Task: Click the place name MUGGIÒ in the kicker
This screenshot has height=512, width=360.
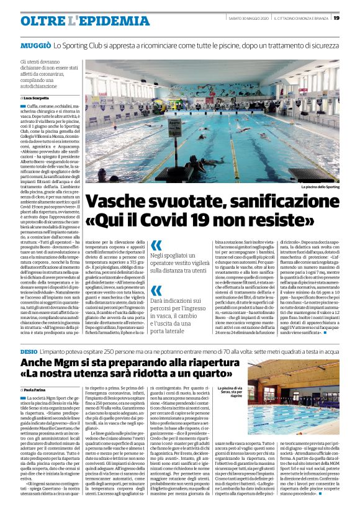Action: [x=35, y=47]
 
